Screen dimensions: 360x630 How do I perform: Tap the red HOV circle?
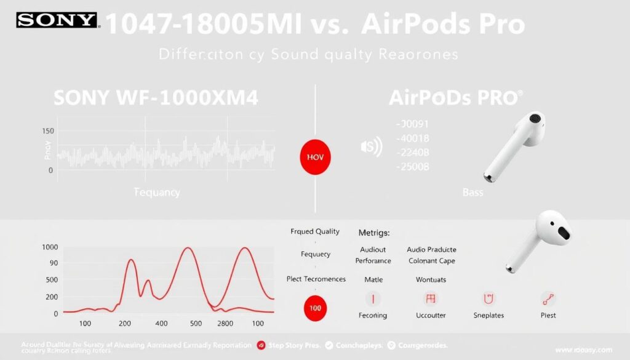(314, 157)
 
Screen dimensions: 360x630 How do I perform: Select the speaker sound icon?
(371, 146)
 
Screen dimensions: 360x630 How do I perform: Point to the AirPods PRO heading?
(456, 97)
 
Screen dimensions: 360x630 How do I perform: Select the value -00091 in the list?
(412, 123)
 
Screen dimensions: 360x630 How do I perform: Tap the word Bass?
(472, 193)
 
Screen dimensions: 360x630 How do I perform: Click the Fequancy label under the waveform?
(157, 193)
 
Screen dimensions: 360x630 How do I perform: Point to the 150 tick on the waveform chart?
(47, 131)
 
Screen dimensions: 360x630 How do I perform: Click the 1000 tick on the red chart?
(50, 247)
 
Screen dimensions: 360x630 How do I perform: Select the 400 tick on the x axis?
(161, 323)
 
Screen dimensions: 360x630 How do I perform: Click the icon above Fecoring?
(373, 299)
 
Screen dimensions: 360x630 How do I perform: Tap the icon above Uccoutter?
(431, 299)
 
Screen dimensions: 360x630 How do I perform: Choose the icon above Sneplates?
(488, 299)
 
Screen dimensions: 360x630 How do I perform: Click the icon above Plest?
(548, 299)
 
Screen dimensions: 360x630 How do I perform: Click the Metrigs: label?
(375, 233)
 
